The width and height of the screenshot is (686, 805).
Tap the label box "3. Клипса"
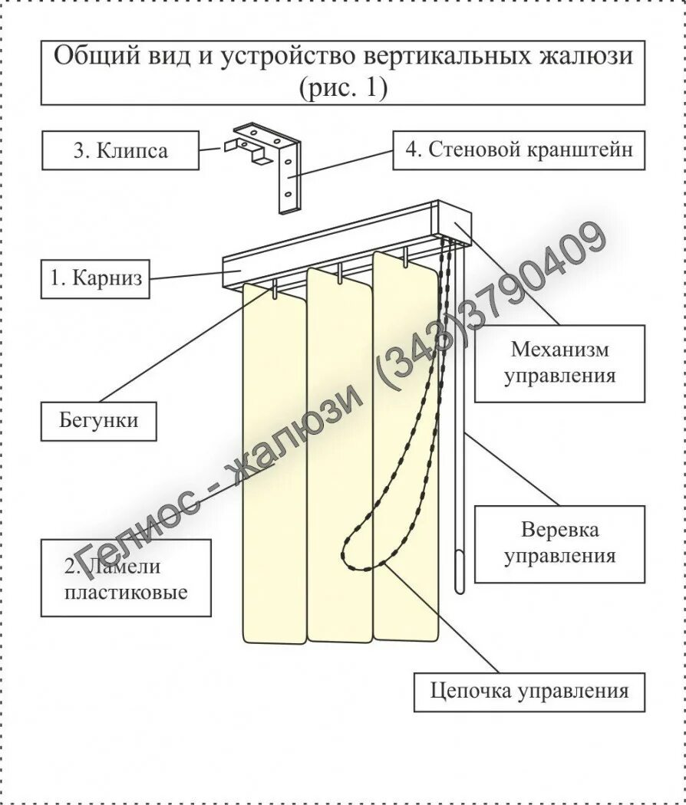pos(120,149)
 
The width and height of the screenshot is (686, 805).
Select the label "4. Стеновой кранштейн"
pos(518,149)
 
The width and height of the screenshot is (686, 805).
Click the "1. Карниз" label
pos(95,278)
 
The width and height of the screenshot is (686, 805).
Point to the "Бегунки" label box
pos(98,420)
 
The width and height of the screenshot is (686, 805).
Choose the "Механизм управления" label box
pos(559,363)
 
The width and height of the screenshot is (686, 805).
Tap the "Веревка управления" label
pos(559,543)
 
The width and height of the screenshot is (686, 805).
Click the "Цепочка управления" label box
pos(529,692)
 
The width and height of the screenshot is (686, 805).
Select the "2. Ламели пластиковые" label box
pos(126,578)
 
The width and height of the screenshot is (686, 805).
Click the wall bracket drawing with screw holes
pos(287,175)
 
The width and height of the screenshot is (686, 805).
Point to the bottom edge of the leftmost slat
pos(273,639)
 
